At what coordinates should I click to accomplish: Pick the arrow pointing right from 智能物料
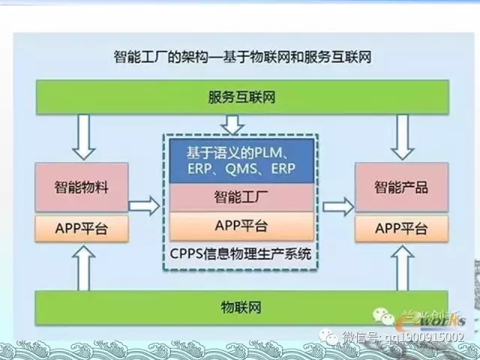[x=145, y=204]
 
